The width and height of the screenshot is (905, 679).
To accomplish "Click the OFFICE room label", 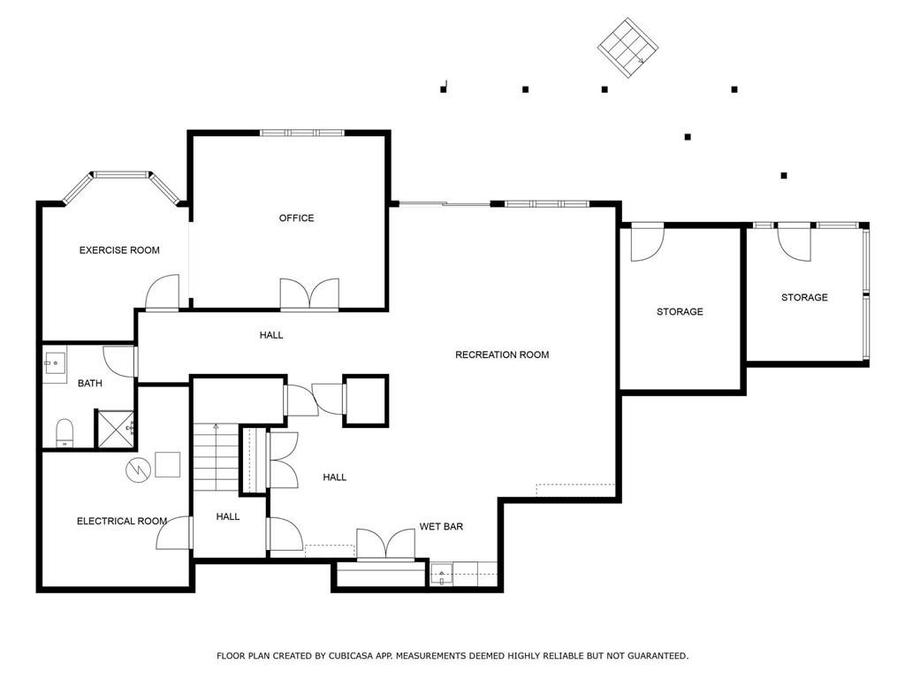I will [x=296, y=218].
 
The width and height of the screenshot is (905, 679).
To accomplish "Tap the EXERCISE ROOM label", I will [x=119, y=250].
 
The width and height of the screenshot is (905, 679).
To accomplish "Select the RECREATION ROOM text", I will [x=502, y=355].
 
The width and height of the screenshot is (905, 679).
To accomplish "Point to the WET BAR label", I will [x=441, y=527].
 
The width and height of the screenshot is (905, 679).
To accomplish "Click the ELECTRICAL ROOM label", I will [x=122, y=522].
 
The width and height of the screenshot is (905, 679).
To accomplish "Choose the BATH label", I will [x=89, y=384].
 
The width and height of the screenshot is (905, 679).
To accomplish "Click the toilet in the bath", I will [x=65, y=431].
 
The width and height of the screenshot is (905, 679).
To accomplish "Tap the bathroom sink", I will [x=54, y=363].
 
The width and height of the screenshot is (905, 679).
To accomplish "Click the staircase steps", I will [x=216, y=457].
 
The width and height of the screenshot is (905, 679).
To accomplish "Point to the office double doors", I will [x=309, y=294].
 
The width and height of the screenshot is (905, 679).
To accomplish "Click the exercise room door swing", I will [x=163, y=294].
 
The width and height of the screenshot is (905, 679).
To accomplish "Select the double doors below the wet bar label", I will [x=385, y=544].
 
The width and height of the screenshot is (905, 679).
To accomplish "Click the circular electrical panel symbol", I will [x=139, y=470].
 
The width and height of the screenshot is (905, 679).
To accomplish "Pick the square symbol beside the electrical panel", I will [x=167, y=464].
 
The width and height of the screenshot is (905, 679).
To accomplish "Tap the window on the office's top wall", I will [x=301, y=133].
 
